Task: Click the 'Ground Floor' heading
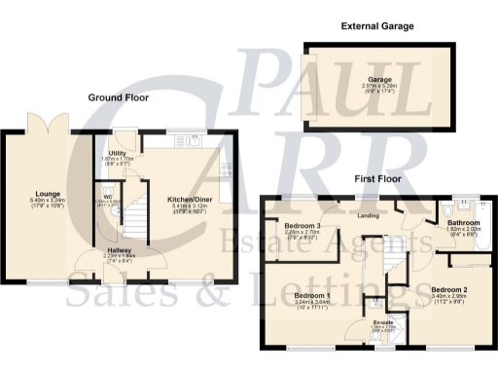(x=118, y=98)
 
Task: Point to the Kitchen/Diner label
(x=191, y=199)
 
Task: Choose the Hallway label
(x=120, y=250)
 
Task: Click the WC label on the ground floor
(x=107, y=198)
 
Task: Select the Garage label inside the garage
(x=378, y=80)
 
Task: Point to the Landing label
(x=368, y=215)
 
